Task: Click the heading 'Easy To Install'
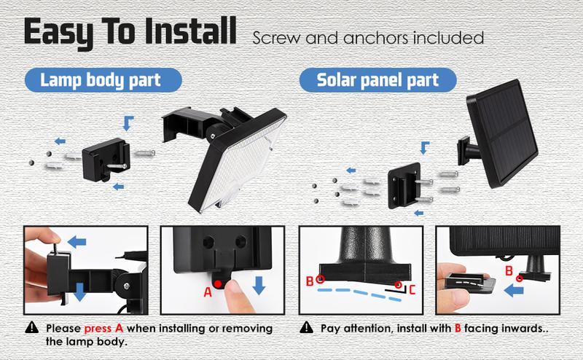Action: [x=129, y=34]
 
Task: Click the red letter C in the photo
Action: [x=412, y=289]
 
